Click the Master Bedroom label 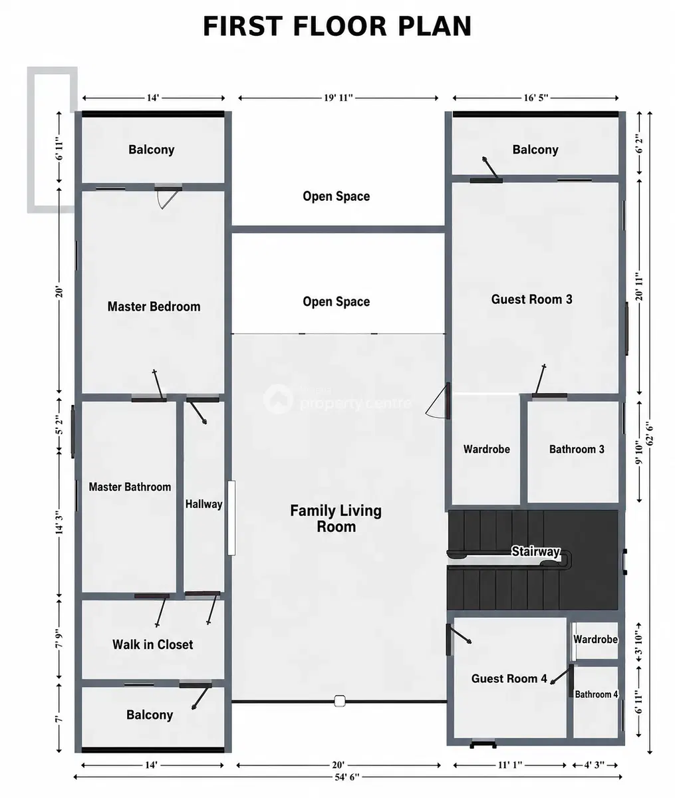154,307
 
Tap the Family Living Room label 336,519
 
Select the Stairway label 535,551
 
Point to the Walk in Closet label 152,644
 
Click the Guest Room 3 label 532,299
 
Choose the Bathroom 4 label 597,694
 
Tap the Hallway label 203,504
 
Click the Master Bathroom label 130,487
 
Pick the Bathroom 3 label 577,449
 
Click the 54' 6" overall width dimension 347,777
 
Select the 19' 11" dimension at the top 338,98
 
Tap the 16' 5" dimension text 535,98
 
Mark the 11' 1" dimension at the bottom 510,765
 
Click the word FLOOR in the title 340,26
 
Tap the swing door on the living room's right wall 438,401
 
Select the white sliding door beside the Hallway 231,518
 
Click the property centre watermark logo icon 278,399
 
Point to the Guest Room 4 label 509,678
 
